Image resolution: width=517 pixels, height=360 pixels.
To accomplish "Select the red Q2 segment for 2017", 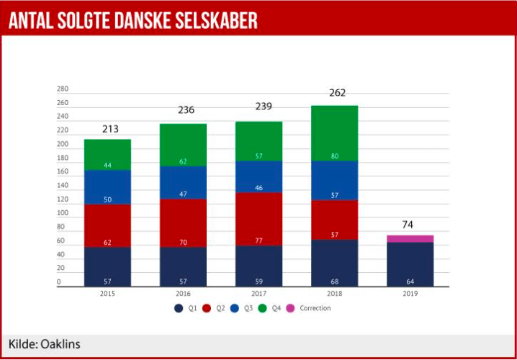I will click(x=258, y=219).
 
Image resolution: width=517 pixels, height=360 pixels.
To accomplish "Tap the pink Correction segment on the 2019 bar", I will click(x=410, y=238).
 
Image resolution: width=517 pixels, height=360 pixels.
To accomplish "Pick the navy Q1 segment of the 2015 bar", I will click(x=107, y=266).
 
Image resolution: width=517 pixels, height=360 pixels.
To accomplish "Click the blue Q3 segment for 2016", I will click(x=183, y=182).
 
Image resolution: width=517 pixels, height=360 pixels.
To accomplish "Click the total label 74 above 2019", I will click(x=408, y=225).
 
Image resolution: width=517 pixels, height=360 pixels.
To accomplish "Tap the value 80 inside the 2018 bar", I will click(x=334, y=156).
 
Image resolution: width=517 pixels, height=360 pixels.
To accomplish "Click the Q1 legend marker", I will click(x=177, y=308).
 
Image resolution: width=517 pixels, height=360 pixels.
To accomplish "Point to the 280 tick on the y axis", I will click(x=63, y=89).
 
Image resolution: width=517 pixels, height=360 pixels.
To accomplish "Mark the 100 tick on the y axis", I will click(x=63, y=213).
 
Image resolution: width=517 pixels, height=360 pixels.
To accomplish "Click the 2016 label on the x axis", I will click(x=183, y=294).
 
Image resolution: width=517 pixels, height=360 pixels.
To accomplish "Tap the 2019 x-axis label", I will click(x=410, y=294).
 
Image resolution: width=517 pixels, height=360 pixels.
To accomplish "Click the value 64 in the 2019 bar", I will click(x=410, y=281).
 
